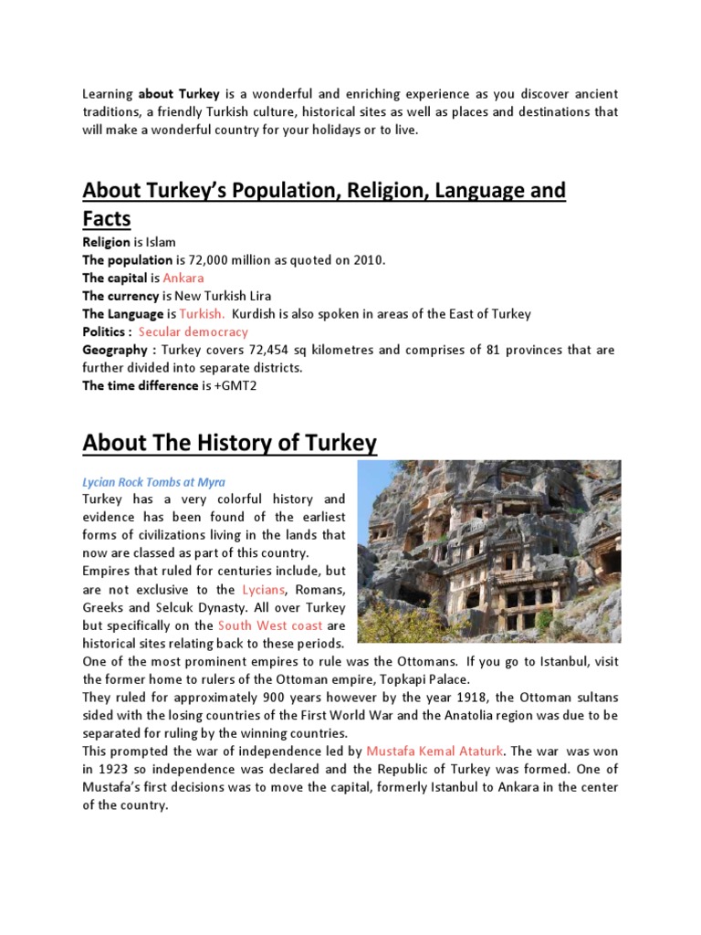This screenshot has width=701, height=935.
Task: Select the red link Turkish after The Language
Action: (x=202, y=313)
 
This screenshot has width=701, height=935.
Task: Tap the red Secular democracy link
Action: (x=193, y=331)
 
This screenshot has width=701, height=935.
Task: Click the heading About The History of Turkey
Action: (x=229, y=444)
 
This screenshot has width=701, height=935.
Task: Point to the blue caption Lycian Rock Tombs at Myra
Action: (x=153, y=481)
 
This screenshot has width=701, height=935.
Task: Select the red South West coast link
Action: (x=270, y=625)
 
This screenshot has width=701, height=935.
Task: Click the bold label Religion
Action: (x=106, y=242)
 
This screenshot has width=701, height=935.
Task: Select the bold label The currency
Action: (x=120, y=296)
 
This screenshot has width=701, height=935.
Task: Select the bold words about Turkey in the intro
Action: (x=180, y=94)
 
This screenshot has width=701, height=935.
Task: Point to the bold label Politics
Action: (x=107, y=331)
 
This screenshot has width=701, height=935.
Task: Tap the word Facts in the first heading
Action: (x=107, y=218)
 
